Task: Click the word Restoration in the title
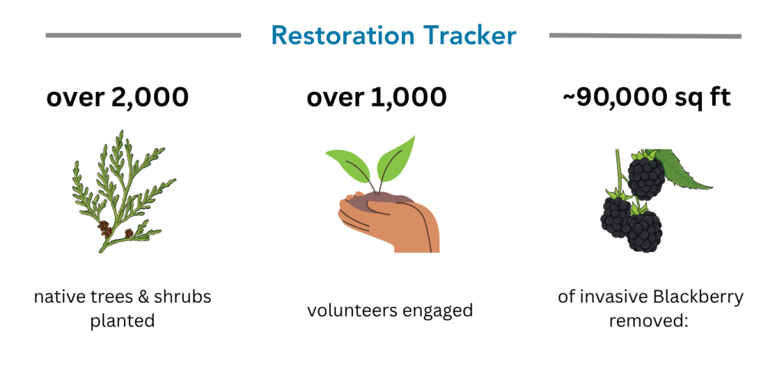tap(342, 35)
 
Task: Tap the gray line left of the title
tap(143, 35)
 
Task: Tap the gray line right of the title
tap(645, 35)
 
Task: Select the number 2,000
tap(147, 97)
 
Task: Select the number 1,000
tap(409, 97)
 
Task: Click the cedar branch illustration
tap(123, 191)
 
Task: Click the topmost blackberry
tap(645, 176)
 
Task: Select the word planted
tap(122, 320)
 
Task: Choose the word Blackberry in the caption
tap(697, 297)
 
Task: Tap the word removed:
tap(648, 320)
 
